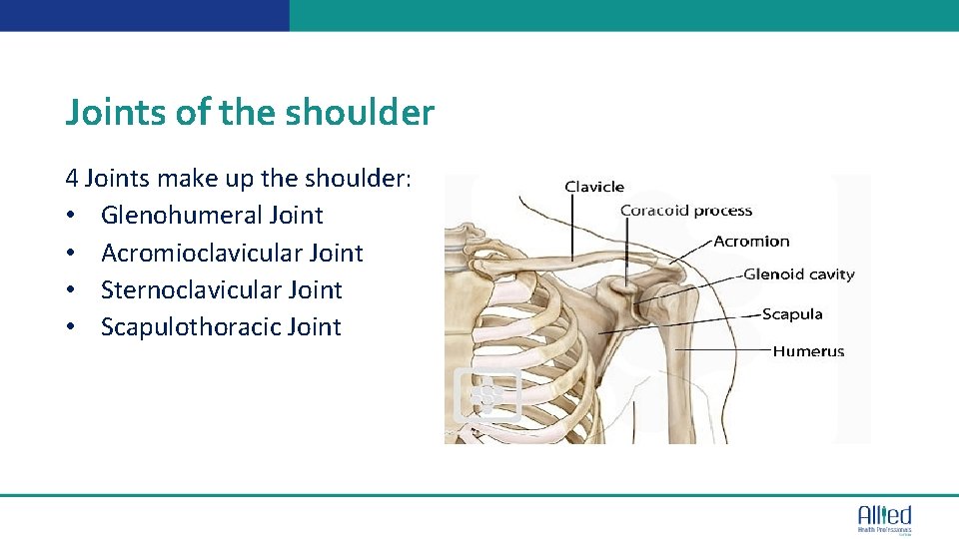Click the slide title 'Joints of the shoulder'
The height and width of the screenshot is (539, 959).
coord(250,113)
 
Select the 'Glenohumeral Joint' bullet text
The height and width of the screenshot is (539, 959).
coord(212,216)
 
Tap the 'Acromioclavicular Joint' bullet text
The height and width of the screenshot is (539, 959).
coord(232,254)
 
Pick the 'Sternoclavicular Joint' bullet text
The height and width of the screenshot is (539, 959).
coord(221,290)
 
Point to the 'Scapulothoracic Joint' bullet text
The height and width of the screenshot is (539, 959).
coord(221,327)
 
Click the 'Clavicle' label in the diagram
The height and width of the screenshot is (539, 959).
coord(594,187)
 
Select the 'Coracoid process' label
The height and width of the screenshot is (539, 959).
coord(686,211)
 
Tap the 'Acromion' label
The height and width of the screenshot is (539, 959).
coord(751,241)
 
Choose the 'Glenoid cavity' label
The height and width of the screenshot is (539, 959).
coord(799,274)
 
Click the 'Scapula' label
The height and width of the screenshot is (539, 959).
coord(792,314)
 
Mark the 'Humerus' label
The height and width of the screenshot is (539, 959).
coord(808,351)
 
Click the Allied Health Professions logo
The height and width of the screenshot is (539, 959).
coord(884,518)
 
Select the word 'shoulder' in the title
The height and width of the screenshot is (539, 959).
coord(360,113)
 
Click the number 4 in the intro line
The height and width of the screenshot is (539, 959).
coord(72,179)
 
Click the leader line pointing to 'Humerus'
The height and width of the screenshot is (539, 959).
coord(723,350)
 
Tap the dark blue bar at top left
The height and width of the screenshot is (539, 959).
coord(145,15)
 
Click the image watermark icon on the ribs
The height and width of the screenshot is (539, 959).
coord(487,394)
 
